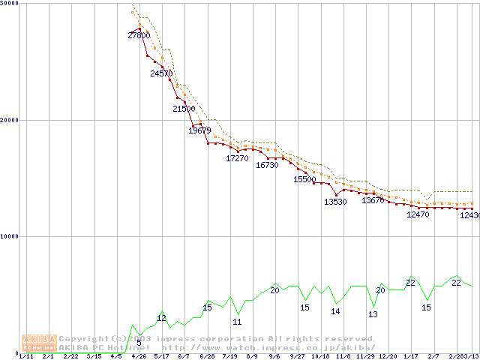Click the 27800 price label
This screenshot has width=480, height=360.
coord(139,35)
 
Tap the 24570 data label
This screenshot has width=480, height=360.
coord(161,73)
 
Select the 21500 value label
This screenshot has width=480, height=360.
coord(184,109)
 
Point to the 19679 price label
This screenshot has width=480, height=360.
coord(199,130)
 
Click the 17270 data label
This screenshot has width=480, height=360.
coord(237,158)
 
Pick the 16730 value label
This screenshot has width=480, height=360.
coord(267,165)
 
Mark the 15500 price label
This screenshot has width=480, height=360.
coord(304,179)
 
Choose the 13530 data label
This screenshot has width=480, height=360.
coord(334,202)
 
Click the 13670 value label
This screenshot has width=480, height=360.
coord(373,200)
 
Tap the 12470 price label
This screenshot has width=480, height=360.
coord(418,214)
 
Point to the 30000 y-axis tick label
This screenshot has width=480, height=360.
coord(10,4)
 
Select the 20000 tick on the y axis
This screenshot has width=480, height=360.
coord(10,120)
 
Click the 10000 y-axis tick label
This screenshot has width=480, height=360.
coord(10,236)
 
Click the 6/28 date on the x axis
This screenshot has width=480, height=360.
coord(207,357)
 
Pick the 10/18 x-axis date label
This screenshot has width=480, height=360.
coord(320,357)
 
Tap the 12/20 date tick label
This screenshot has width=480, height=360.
coord(388,357)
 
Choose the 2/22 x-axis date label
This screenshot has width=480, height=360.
coord(70,357)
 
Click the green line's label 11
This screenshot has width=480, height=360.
coord(237,322)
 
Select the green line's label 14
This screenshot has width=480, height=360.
coord(335,311)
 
